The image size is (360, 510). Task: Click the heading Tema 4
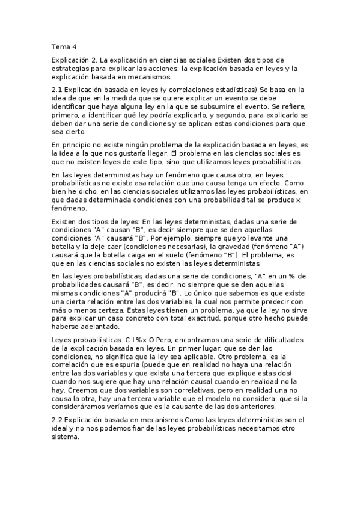click(64, 46)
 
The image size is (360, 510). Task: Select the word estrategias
click(72, 69)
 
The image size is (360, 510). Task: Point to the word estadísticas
click(231, 89)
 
